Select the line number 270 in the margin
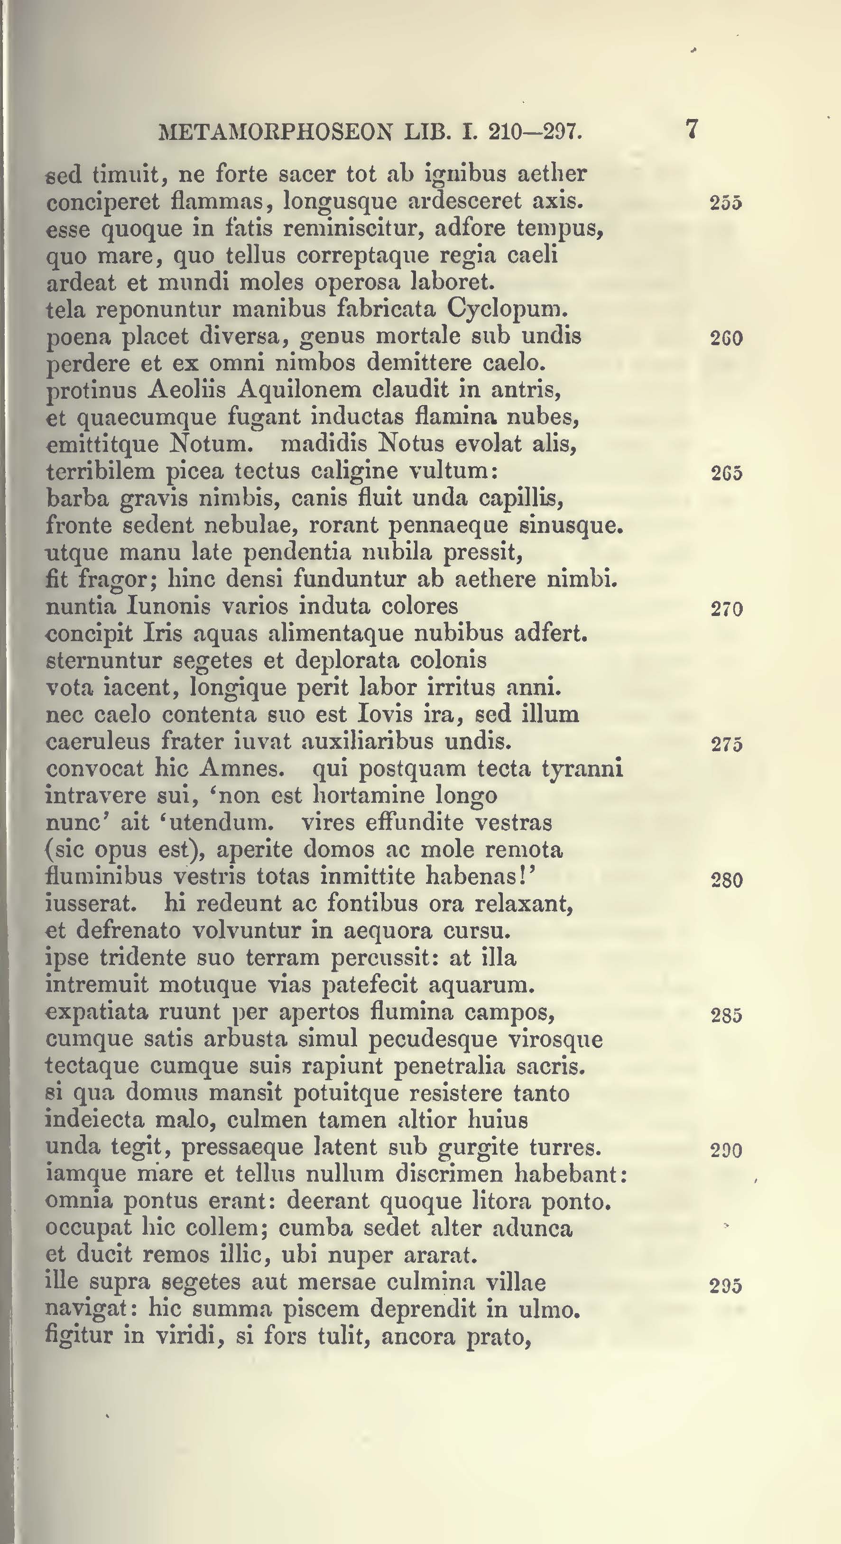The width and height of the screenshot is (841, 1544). (727, 609)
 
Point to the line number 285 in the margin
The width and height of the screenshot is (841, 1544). (727, 1015)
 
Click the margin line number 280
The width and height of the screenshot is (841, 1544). (727, 881)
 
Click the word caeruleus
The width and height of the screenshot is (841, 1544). (98, 742)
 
